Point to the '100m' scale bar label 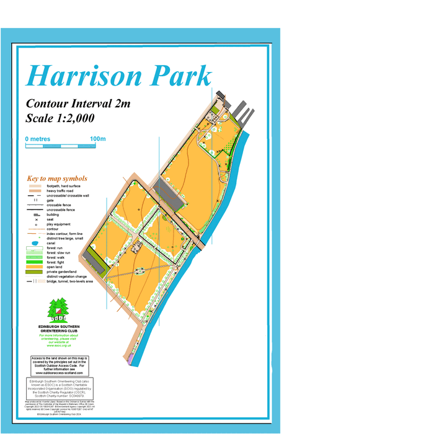tap(98, 139)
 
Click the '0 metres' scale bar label tap(38, 139)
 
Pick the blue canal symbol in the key tap(34, 243)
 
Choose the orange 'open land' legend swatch tap(34, 267)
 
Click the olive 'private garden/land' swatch tap(34, 272)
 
